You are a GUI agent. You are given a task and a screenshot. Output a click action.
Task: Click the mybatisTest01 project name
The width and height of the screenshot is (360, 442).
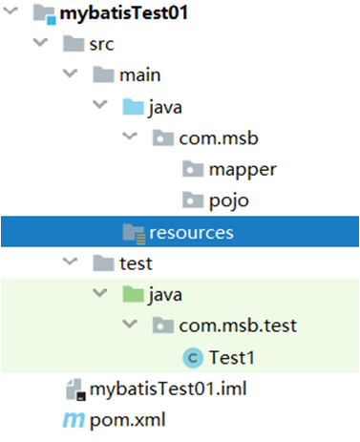coord(124,13)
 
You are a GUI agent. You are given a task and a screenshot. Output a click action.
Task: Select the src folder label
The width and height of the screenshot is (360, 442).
coord(101,44)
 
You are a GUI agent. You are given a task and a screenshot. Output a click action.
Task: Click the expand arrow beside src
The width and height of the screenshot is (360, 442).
coord(40,42)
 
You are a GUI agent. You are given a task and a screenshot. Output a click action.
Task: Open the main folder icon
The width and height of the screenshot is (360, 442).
coord(103,74)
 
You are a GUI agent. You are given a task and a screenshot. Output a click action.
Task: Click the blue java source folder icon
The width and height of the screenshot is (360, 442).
coord(133,106)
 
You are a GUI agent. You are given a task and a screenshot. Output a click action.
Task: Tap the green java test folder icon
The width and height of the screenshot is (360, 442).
coord(133,294)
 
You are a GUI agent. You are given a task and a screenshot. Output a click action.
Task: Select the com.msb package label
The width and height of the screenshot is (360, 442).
coord(219,138)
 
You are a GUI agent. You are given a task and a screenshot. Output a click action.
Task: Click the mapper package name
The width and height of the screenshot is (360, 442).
coord(243,170)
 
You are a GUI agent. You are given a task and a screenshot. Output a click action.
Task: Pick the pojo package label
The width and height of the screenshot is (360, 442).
coord(228,201)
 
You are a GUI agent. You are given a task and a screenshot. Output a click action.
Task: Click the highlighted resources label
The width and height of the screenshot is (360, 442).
coord(191,233)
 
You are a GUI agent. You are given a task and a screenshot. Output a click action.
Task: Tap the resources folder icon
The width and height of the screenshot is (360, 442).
coord(134,234)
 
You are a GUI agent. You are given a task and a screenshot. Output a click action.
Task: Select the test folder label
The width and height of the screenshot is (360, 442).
coord(136,263)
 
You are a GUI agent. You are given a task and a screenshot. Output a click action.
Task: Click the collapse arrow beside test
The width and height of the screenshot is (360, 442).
coord(70,262)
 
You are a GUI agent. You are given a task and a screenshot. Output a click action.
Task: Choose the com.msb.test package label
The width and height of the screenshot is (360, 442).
coord(238,326)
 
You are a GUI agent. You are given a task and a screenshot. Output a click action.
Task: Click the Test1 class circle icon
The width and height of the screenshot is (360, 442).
coord(193,358)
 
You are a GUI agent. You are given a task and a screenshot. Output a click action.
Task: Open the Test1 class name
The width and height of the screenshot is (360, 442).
coord(232,357)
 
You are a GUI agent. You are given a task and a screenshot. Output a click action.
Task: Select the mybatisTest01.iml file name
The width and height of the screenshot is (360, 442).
coord(168,389)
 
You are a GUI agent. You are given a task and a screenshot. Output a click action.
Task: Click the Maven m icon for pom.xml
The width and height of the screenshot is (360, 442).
coord(74,420)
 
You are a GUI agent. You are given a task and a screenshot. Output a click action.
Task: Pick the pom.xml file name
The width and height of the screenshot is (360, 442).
coord(127,420)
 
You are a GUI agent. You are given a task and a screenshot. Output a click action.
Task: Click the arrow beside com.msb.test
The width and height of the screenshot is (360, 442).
coord(130,324)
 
